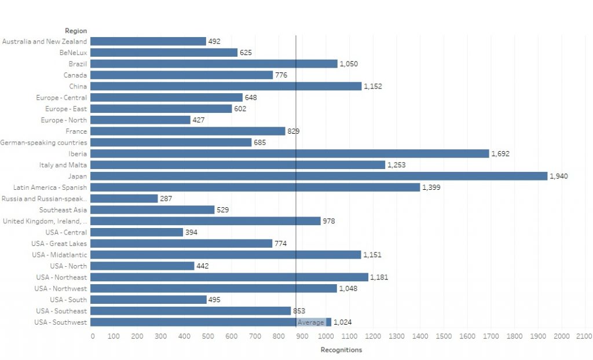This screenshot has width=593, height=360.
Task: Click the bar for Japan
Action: click(x=319, y=176)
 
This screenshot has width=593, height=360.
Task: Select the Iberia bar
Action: click(x=290, y=153)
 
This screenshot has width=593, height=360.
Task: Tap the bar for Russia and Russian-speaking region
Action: click(x=125, y=199)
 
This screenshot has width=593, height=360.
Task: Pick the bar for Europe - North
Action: click(x=141, y=120)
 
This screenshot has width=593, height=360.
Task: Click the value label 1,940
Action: click(x=559, y=176)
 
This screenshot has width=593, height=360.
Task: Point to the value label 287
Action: click(x=166, y=199)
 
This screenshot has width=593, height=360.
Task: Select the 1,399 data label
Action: click(x=431, y=188)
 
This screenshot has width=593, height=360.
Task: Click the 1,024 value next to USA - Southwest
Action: click(x=343, y=322)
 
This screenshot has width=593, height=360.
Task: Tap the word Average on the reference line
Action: click(x=310, y=322)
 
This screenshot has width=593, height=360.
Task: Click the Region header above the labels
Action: click(x=76, y=31)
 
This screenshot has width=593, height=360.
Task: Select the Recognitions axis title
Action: click(x=341, y=350)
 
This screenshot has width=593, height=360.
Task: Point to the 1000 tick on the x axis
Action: click(x=326, y=336)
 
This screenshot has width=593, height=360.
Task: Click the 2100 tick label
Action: click(x=584, y=336)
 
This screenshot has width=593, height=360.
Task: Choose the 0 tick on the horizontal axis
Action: click(x=93, y=336)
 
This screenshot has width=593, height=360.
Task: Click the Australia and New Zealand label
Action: click(x=45, y=42)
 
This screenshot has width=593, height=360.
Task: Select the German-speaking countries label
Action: click(x=43, y=142)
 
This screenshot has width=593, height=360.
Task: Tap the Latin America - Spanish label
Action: click(x=50, y=188)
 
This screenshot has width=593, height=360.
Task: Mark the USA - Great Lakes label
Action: click(x=60, y=244)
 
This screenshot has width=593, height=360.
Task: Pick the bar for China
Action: click(x=226, y=86)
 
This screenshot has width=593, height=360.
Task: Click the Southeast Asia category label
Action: click(x=63, y=210)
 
